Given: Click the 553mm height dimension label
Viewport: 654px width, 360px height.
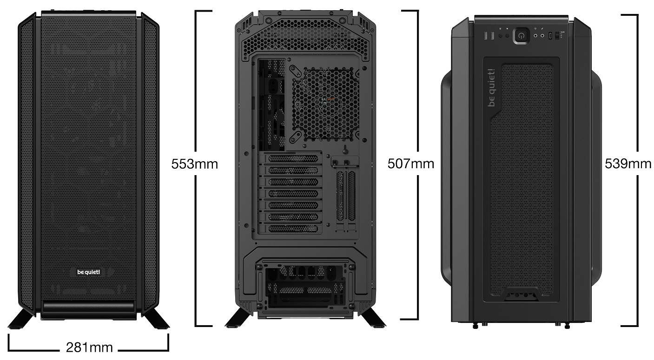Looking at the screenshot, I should tap(194, 164).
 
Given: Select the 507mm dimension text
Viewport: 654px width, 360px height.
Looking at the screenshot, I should tap(411, 164).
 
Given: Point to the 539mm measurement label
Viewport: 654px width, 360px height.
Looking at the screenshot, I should tap(628, 164).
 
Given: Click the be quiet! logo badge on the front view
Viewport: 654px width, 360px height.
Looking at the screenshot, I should tap(88, 272).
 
